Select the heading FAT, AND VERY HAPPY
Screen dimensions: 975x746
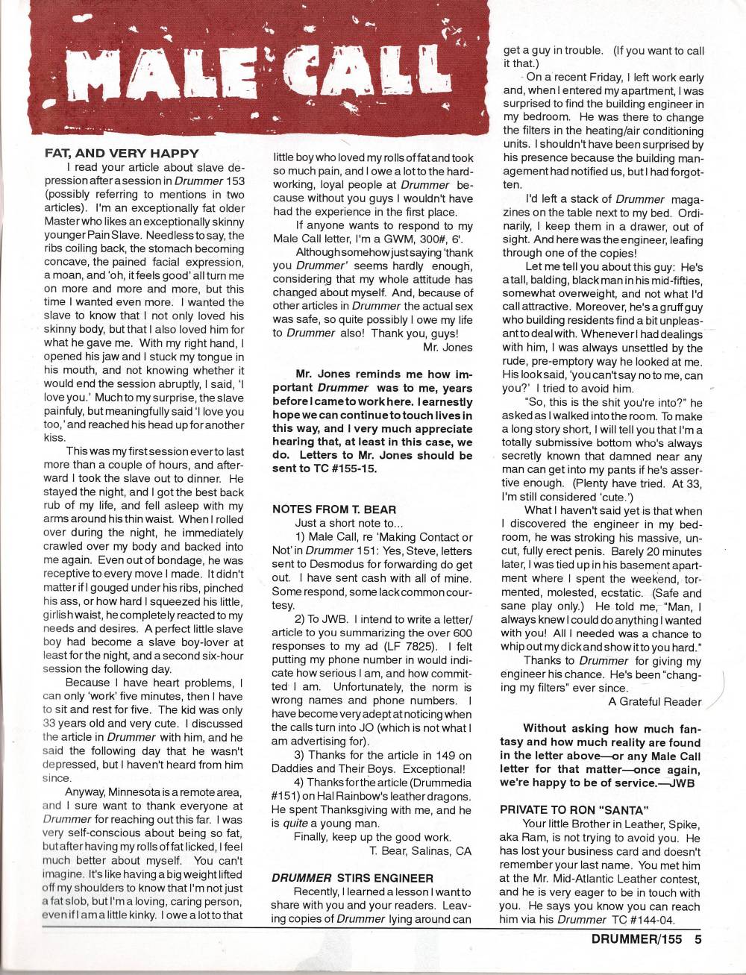tap(122, 153)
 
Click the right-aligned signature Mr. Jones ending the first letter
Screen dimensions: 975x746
tap(447, 347)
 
